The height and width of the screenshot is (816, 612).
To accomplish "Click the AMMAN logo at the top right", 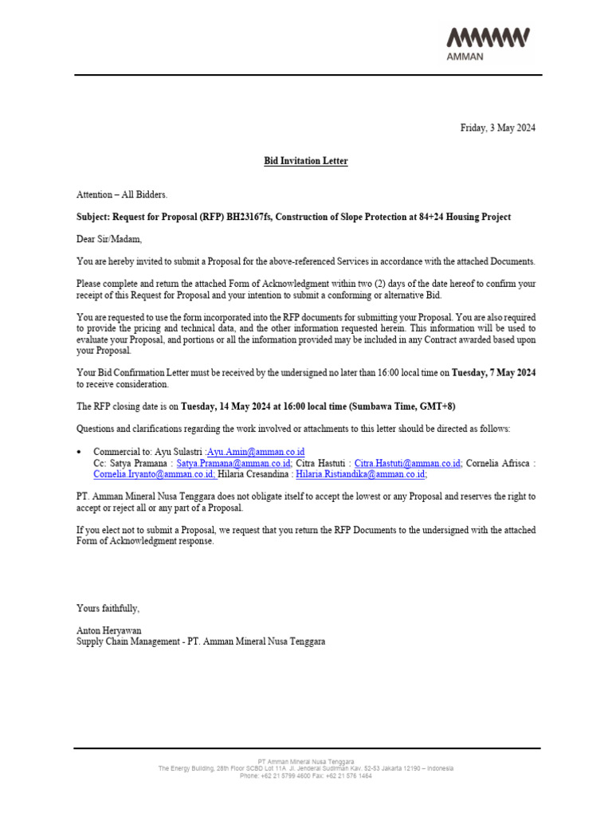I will [488, 43].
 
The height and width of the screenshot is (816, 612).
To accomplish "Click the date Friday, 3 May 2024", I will [498, 128].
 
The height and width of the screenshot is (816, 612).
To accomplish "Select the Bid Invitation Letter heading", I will [306, 161].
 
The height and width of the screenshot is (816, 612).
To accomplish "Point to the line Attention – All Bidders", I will [122, 194].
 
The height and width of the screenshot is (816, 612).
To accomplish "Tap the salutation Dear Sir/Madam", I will [109, 239].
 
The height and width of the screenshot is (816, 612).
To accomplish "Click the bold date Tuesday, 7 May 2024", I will [493, 372].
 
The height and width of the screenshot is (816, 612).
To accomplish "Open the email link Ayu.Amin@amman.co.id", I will [255, 452].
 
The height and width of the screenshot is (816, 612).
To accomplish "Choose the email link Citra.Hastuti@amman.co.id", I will [407, 463].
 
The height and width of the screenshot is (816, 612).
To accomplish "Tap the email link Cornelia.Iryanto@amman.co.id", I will [154, 474].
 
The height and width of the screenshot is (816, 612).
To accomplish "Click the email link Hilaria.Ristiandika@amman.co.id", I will [361, 474].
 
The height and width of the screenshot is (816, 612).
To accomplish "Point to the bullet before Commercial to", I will [80, 452].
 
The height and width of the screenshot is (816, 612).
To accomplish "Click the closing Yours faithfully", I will [108, 608].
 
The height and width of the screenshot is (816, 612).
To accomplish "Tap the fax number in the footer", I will [351, 775].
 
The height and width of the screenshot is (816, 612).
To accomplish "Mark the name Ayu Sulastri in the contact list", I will [178, 452].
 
